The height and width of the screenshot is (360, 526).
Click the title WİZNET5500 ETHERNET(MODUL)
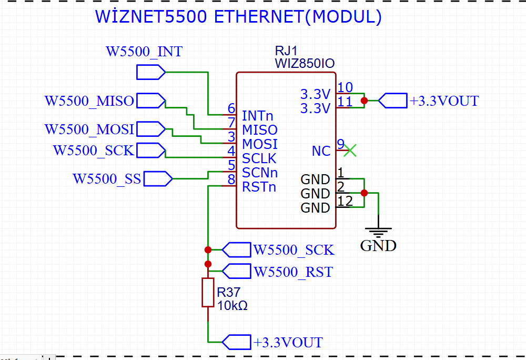point(238,16)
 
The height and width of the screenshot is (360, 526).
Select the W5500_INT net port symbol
point(151,72)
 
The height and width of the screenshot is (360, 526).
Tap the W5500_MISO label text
point(89,101)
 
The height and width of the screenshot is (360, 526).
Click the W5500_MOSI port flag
point(151,129)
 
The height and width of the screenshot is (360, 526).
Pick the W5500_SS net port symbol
point(158,179)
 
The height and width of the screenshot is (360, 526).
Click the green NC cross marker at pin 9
point(350,151)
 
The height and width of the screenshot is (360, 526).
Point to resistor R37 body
point(208,293)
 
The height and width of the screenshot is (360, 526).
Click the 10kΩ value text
point(232,306)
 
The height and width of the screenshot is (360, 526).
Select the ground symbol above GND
point(378,232)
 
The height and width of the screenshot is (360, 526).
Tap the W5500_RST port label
point(294,272)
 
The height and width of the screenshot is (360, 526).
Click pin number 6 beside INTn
point(231,108)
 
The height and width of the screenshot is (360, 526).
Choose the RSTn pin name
point(259,187)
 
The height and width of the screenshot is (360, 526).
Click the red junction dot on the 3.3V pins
point(365,101)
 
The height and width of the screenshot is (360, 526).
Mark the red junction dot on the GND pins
point(365,193)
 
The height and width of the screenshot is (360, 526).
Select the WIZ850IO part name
point(305,63)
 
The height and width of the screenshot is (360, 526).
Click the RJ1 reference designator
point(286,51)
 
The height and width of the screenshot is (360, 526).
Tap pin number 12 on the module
point(345,201)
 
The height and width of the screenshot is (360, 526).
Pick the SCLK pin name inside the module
point(259,158)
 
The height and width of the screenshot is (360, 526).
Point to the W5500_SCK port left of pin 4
point(151,151)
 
